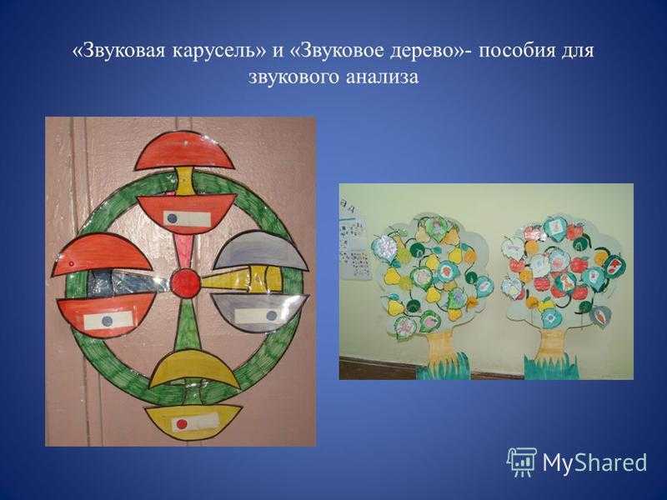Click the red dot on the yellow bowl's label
(x=182, y=423)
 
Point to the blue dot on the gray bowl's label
(x=271, y=316)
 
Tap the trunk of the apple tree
(x=552, y=344)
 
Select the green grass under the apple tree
(x=551, y=367)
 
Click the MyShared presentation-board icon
(x=522, y=462)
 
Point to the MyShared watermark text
(x=594, y=462)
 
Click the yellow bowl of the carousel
(x=193, y=422)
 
